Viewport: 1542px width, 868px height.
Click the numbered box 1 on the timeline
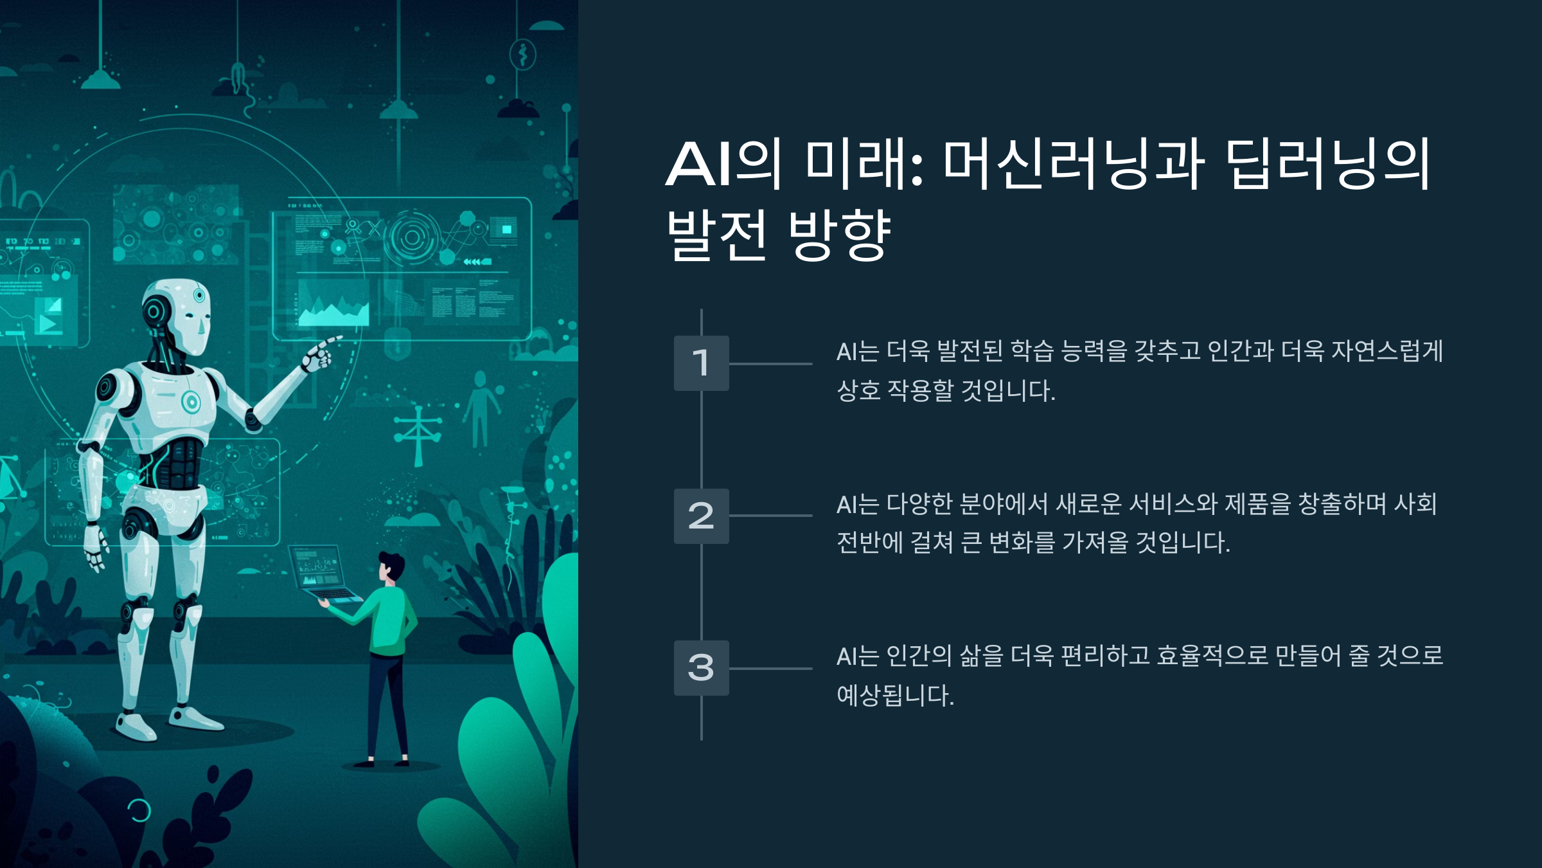pyautogui.click(x=701, y=363)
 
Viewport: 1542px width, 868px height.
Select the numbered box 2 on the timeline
pyautogui.click(x=701, y=516)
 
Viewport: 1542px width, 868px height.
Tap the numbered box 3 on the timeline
pyautogui.click(x=701, y=668)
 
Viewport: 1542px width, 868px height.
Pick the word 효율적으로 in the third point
pyautogui.click(x=1212, y=656)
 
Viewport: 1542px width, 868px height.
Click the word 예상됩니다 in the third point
pyautogui.click(x=893, y=696)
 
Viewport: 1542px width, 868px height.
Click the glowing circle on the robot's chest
pyautogui.click(x=191, y=402)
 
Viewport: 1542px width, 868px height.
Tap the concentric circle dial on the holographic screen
pyautogui.click(x=412, y=239)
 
